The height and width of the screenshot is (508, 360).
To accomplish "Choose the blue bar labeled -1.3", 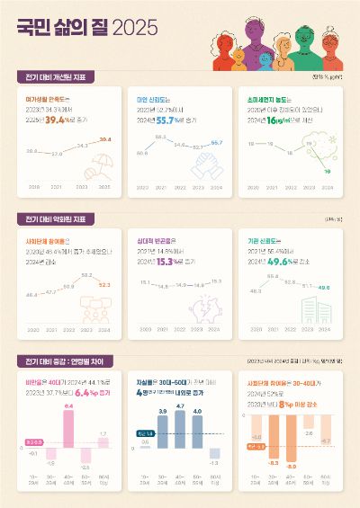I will pyautogui.click(x=214, y=453).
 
